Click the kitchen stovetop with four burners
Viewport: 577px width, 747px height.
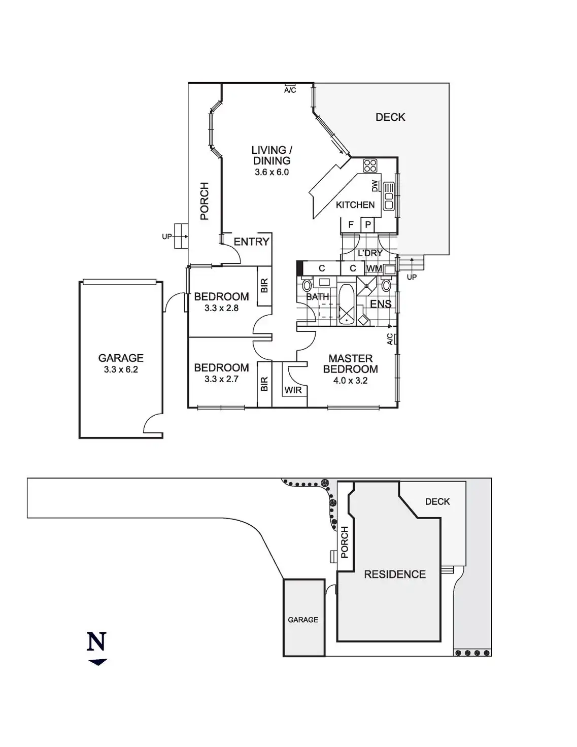point(370,165)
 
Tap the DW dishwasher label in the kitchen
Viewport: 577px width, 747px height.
point(375,186)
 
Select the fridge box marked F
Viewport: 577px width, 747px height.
point(351,225)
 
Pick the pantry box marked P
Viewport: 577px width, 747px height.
point(368,225)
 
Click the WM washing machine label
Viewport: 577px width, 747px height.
point(374,268)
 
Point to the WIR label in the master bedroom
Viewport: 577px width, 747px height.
point(293,390)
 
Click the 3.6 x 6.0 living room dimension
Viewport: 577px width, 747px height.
point(271,172)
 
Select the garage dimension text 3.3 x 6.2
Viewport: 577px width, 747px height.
point(121,369)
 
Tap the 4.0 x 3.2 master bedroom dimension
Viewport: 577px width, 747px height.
point(350,381)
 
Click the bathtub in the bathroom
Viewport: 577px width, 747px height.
point(347,305)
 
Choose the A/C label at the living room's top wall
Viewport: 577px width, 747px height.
point(290,90)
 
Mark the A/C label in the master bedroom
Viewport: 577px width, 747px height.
point(390,339)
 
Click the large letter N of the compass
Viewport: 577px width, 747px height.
point(97,641)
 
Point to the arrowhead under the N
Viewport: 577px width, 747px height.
point(98,662)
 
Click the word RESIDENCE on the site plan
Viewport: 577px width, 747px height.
point(395,574)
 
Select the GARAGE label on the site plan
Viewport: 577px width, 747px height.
point(303,620)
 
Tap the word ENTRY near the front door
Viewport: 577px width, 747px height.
point(252,242)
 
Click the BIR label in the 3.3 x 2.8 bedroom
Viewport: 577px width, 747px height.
point(264,286)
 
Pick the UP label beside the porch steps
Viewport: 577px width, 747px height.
point(167,236)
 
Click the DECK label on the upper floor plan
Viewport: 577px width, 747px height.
point(390,117)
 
